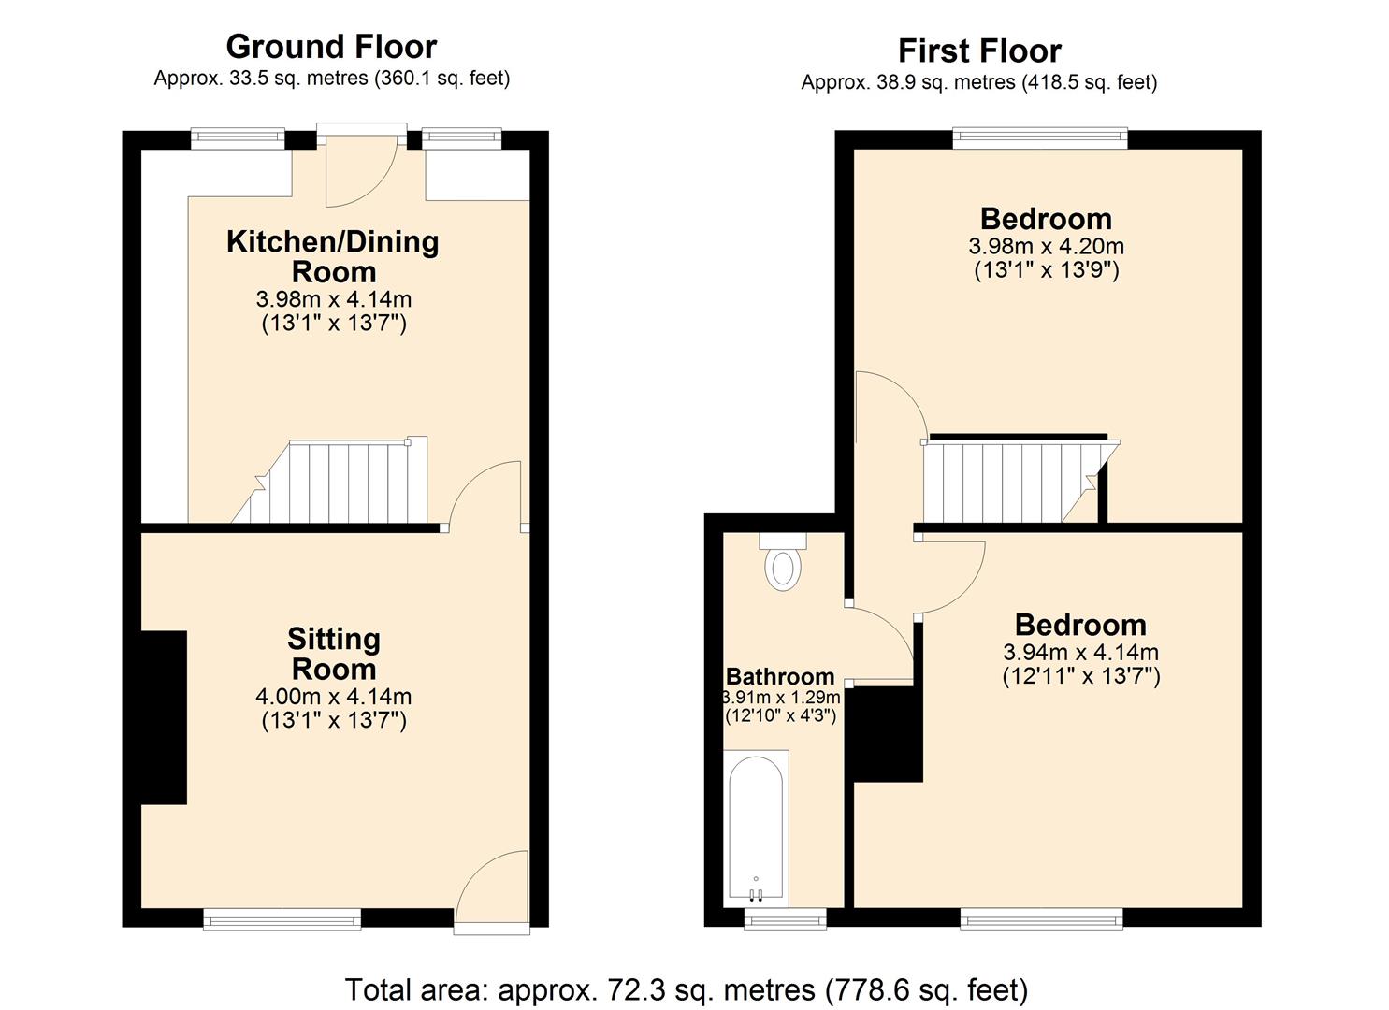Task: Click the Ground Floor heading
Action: point(331,47)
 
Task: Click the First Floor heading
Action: point(979,50)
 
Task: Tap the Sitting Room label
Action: point(333,654)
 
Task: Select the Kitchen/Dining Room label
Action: point(333,256)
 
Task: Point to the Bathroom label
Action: point(780,676)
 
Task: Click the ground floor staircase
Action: point(337,483)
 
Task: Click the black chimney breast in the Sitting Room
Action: point(164,717)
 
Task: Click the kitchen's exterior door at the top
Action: point(361,168)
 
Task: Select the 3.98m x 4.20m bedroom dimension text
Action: point(1046,247)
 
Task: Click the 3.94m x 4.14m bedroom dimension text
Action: point(1080,653)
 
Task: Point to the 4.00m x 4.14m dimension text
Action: point(333,697)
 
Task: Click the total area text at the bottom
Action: point(687,988)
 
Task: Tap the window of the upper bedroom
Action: point(1040,139)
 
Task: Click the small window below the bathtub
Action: point(785,919)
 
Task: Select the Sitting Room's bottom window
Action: point(282,919)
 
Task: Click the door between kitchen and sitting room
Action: point(485,496)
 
